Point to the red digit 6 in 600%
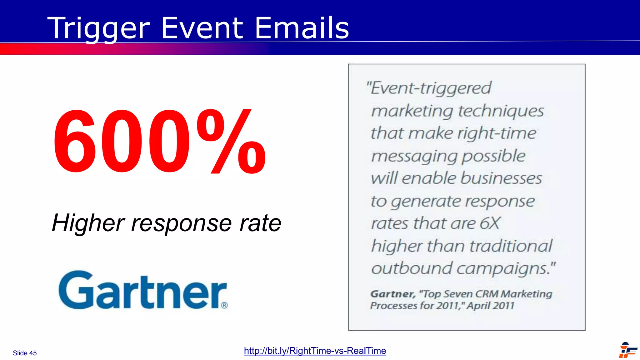tap(74, 141)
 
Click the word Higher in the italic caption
tap(88, 223)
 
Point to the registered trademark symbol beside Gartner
tap(224, 305)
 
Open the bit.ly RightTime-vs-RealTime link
tap(315, 351)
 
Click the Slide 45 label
tap(25, 353)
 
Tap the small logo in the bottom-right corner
tap(627, 350)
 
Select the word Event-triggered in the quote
tap(431, 88)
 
